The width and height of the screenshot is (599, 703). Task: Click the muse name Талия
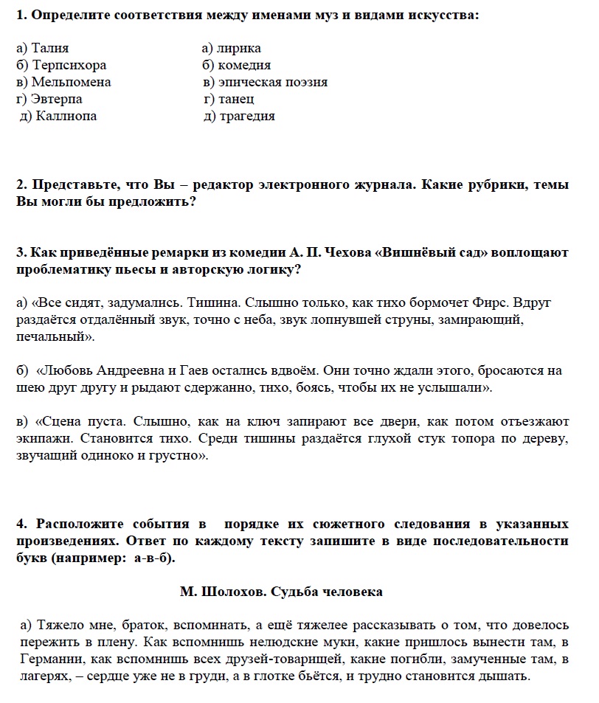coord(50,49)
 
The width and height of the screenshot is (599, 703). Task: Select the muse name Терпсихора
coord(69,66)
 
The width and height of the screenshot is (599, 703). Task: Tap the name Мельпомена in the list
coord(71,83)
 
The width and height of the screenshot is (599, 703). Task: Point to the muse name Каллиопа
coord(66,117)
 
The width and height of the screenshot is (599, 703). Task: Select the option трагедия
coord(247,117)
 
